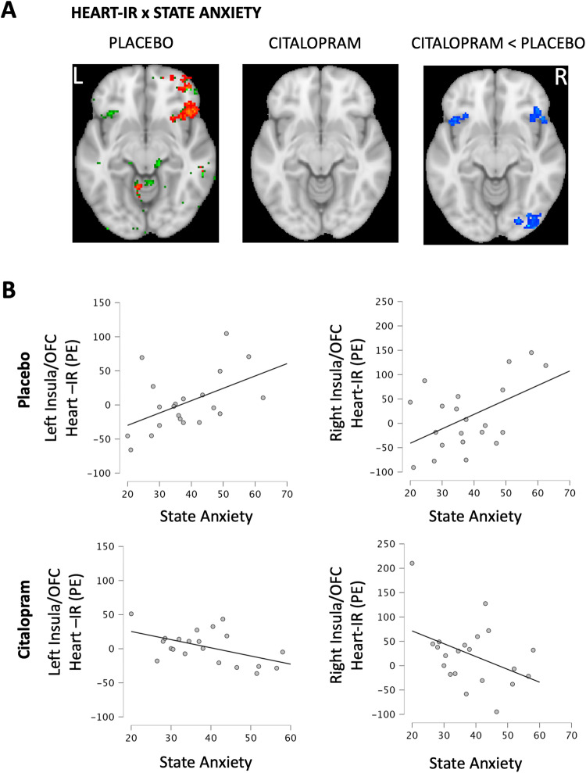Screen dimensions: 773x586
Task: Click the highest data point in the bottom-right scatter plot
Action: click(x=412, y=564)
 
